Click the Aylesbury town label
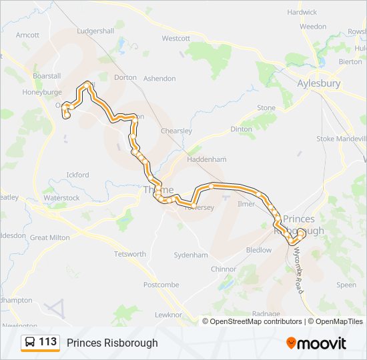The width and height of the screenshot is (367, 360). tap(319, 83)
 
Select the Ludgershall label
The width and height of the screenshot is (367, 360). tap(96, 31)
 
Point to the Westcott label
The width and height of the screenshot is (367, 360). tap(176, 39)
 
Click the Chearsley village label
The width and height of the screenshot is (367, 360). tap(176, 131)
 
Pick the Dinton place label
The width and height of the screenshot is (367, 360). tap(242, 129)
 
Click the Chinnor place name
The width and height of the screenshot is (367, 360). tap(224, 269)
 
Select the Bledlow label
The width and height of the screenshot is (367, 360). tap(259, 250)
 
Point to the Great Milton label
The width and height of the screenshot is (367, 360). tap(50, 237)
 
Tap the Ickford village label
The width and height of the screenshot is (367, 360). tap(77, 175)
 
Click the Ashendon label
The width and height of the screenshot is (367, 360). tap(160, 78)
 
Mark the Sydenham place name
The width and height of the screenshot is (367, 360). tap(191, 255)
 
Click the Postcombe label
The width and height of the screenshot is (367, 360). tap(161, 285)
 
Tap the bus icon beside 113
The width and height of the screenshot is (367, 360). tap(31, 343)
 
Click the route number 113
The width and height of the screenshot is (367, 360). tap(48, 342)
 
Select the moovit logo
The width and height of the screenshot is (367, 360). tap(316, 343)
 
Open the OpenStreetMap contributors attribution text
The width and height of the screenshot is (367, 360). tap(256, 321)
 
